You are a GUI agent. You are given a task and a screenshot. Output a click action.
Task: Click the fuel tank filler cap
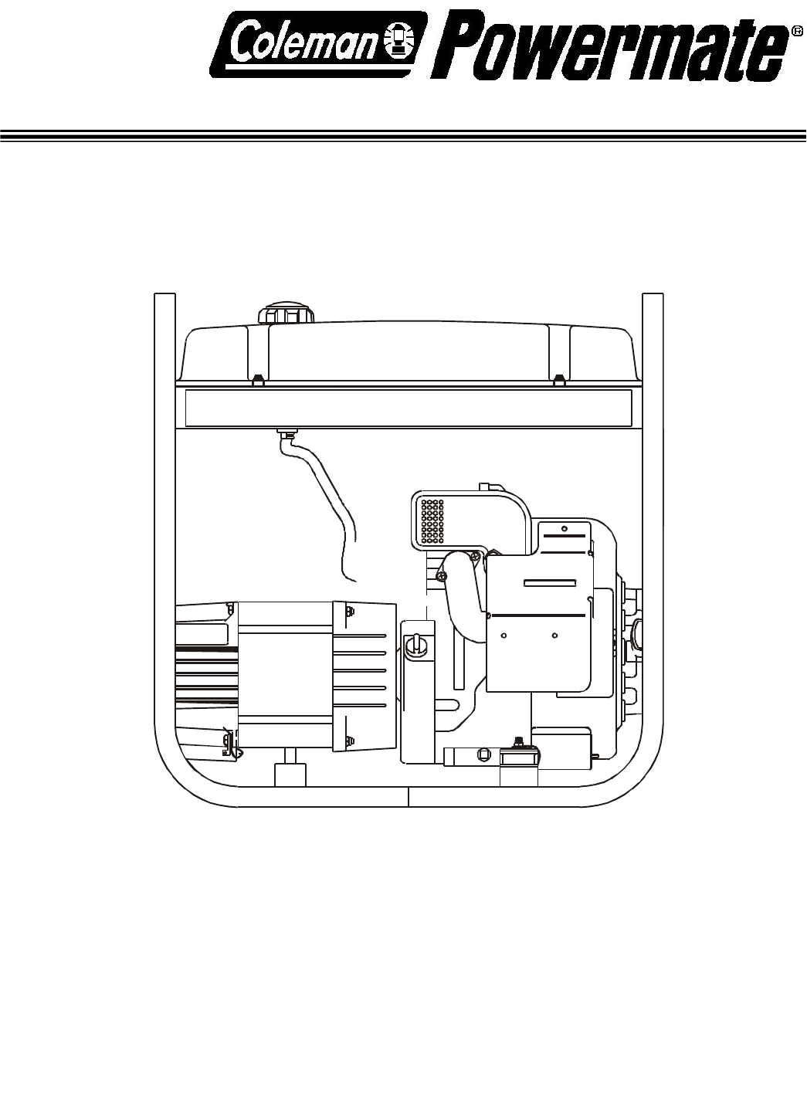tap(287, 314)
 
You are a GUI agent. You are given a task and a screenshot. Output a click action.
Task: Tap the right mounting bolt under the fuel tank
tap(559, 380)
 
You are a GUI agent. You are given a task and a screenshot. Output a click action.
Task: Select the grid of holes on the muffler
tap(432, 520)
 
